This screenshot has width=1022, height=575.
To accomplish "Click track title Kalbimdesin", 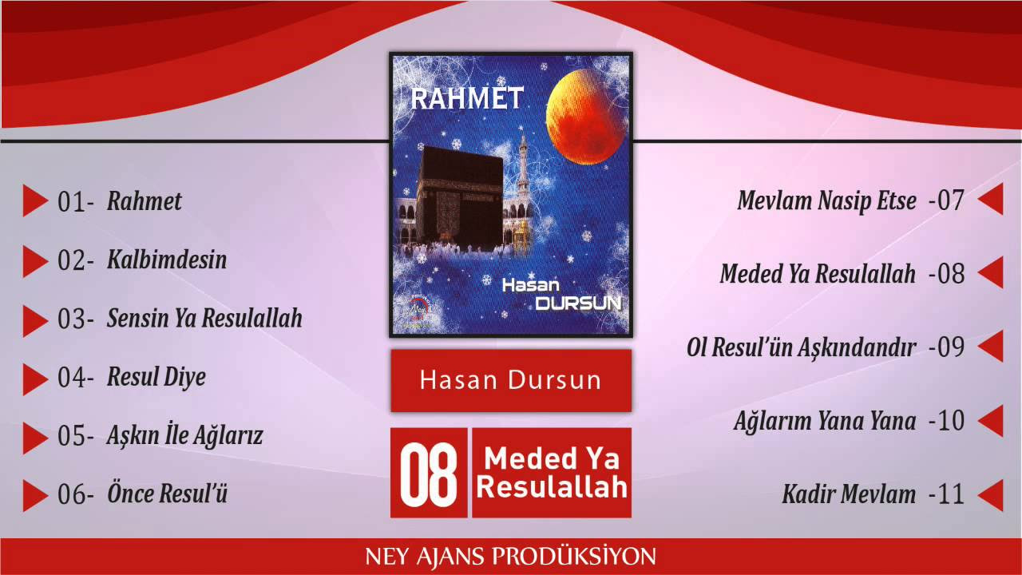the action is (167, 260).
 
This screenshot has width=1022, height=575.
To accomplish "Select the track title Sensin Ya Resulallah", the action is (204, 318).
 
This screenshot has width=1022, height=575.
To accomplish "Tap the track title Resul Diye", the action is (156, 378).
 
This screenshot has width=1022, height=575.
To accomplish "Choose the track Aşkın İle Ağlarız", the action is (184, 435).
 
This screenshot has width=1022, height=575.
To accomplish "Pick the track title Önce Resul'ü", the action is (167, 493).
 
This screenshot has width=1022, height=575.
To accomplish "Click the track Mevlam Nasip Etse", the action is (826, 200).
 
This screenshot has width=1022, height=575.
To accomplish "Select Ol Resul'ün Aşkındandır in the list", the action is (801, 347).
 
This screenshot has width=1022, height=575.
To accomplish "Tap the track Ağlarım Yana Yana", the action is (825, 421).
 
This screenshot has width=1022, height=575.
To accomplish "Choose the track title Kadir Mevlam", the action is (849, 494).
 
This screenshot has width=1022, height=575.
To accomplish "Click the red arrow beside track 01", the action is (34, 200).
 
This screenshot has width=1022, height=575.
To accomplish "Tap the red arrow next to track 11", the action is (991, 495).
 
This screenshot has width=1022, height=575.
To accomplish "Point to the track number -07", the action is (946, 200).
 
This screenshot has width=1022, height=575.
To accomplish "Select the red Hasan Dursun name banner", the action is (511, 381).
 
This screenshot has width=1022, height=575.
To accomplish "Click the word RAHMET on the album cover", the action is (467, 98).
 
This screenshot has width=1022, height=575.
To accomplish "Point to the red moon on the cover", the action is (587, 117).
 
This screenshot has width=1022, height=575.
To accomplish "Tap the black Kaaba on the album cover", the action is (460, 199).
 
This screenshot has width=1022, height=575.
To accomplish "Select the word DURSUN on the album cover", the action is (578, 303).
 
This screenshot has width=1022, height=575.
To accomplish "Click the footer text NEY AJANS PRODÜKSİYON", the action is (510, 557).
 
